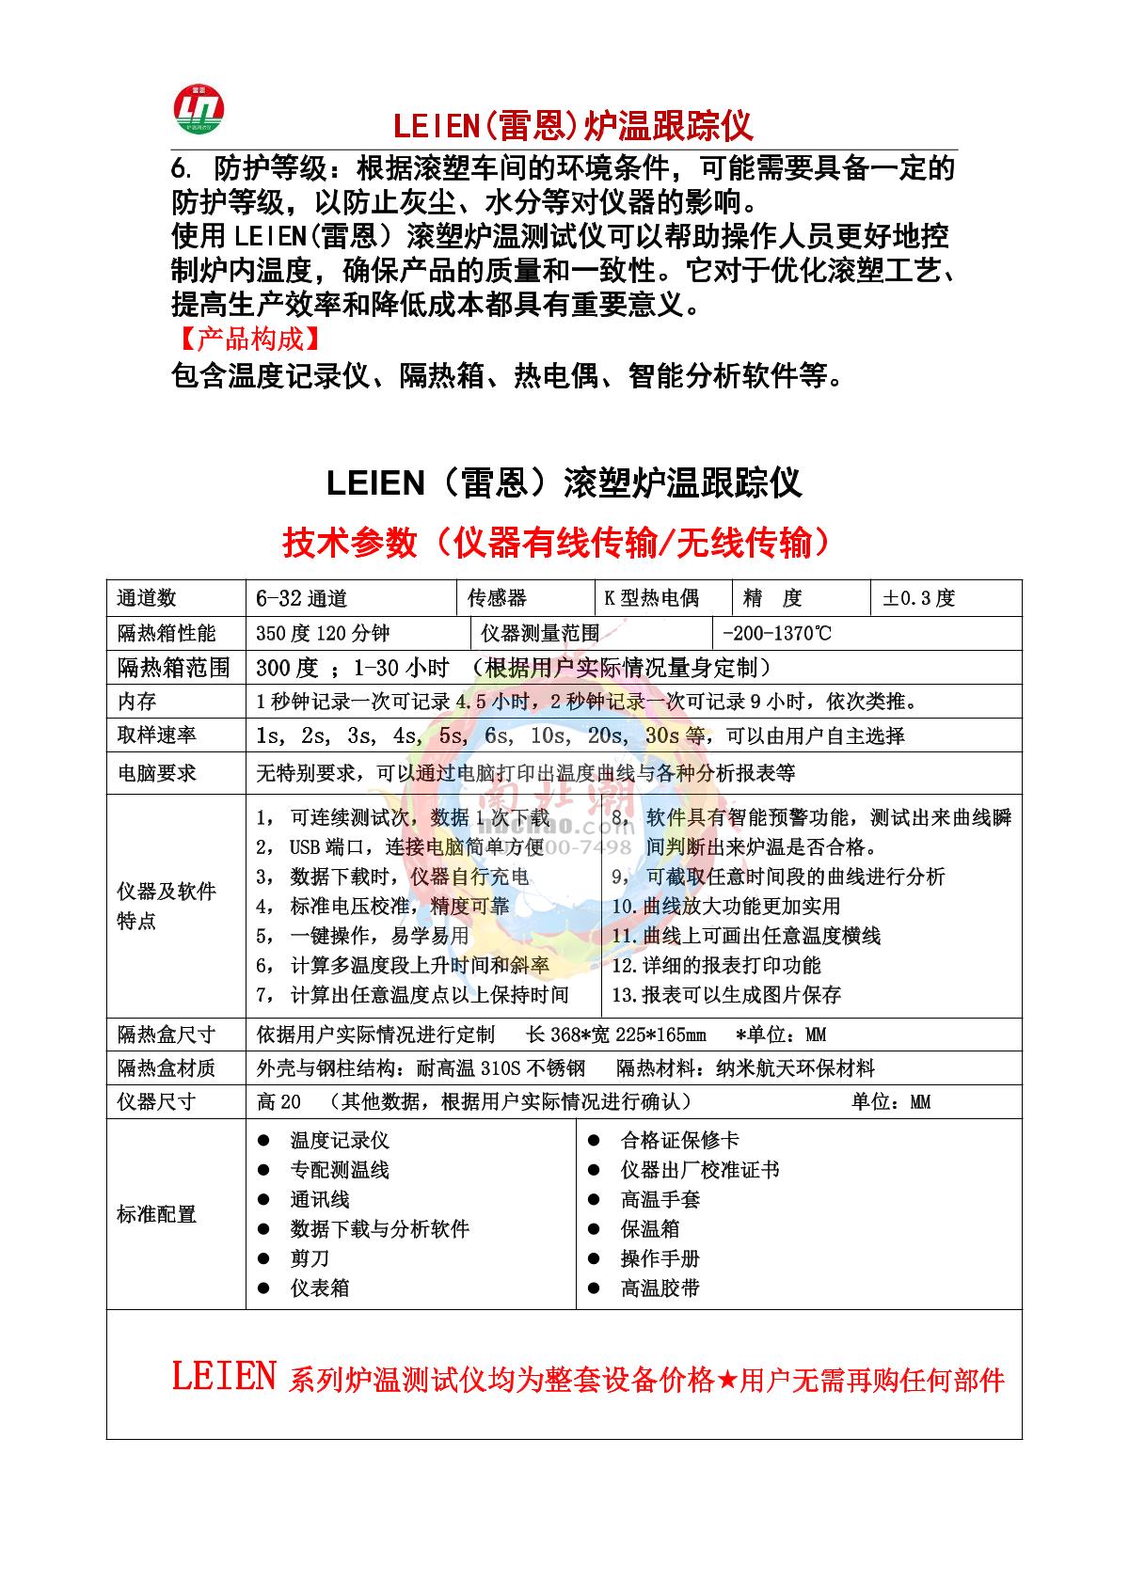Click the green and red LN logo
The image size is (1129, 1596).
pyautogui.click(x=199, y=107)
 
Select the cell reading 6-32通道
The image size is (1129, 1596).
pyautogui.click(x=301, y=598)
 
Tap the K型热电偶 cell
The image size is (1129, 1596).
pyautogui.click(x=651, y=598)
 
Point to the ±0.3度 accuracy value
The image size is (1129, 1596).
pyautogui.click(x=918, y=598)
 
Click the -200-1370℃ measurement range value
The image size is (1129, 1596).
pyautogui.click(x=776, y=633)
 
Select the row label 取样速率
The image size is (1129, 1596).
pyautogui.click(x=156, y=735)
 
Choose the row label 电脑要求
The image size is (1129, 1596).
pyautogui.click(x=156, y=773)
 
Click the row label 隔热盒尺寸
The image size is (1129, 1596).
pyautogui.click(x=166, y=1035)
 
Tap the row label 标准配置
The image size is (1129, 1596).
pyautogui.click(x=156, y=1214)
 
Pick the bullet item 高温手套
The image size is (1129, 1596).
pyautogui.click(x=660, y=1199)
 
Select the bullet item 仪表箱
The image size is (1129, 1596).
pyautogui.click(x=319, y=1288)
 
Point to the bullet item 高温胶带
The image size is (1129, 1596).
pyautogui.click(x=660, y=1288)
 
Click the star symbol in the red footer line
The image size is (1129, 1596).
pyautogui.click(x=727, y=1380)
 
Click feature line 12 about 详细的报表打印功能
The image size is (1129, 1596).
pyautogui.click(x=716, y=965)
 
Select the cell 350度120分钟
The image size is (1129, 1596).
pyautogui.click(x=323, y=633)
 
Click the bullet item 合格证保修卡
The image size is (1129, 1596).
pyautogui.click(x=679, y=1140)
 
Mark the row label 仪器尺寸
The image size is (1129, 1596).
pyautogui.click(x=156, y=1101)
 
